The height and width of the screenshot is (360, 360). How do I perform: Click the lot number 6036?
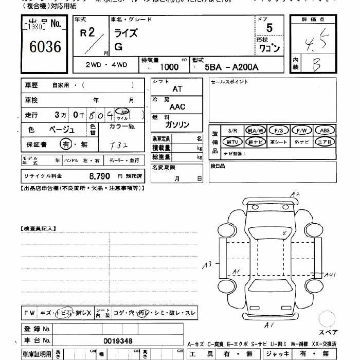pos(45,47)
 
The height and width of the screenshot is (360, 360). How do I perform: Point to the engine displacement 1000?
pos(169,67)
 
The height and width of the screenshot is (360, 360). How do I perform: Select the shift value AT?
pos(177,88)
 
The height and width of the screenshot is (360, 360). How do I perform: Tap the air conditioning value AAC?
pos(177,107)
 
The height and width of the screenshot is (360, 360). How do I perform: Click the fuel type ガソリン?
pos(177,125)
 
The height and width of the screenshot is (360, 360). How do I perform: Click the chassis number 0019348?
pos(117,340)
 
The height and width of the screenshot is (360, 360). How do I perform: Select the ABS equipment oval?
pos(325,131)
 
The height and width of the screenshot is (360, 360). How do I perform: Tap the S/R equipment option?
pos(232,131)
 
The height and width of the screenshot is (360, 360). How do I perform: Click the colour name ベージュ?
pos(61,130)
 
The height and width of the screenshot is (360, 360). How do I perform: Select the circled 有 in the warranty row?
pos(65,145)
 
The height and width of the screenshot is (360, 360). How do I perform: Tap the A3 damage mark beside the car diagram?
pos(207,264)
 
